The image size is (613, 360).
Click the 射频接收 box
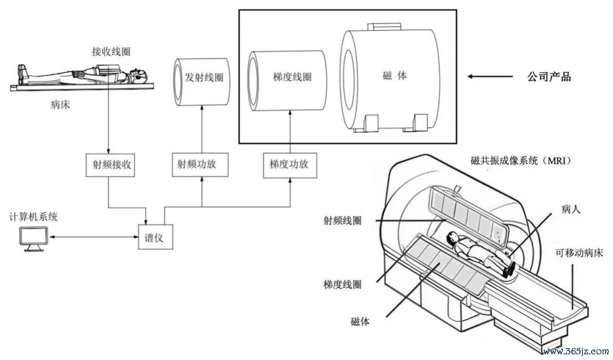(107, 164)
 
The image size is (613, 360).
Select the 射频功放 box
(202, 164)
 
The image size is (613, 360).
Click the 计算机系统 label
(33, 217)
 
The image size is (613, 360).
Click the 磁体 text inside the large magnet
(394, 76)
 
